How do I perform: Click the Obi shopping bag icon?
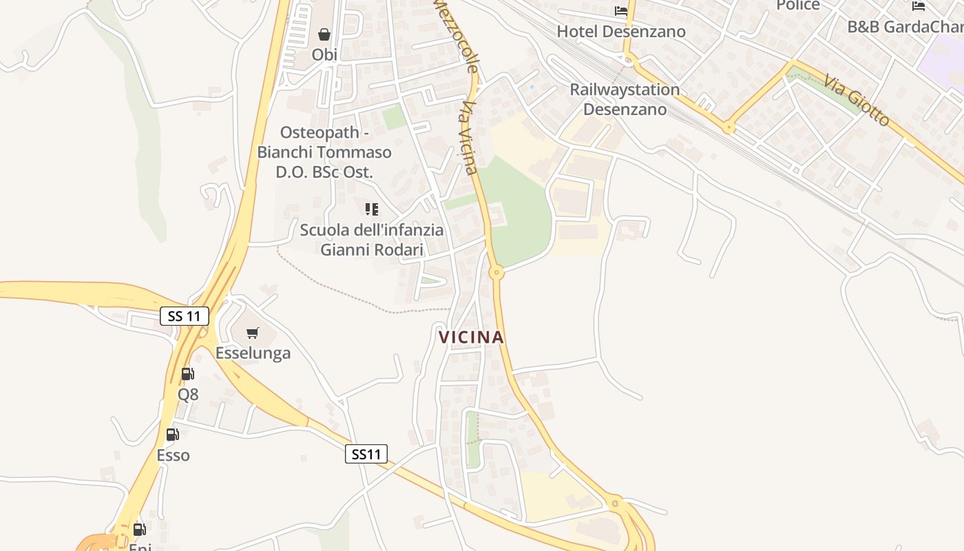click(324, 34)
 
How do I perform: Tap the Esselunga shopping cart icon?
click(253, 333)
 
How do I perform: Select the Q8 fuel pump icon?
click(187, 374)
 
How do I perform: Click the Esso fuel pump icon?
click(173, 435)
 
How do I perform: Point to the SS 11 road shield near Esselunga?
click(185, 316)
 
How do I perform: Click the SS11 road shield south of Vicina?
click(366, 454)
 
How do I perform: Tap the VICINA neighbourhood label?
click(472, 337)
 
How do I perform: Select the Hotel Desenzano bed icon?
click(621, 11)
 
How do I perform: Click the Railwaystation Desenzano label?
click(625, 99)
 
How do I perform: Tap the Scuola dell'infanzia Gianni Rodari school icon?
click(372, 209)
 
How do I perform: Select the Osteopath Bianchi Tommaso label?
click(324, 152)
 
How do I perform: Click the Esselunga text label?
click(253, 353)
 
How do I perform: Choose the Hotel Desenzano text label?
click(621, 32)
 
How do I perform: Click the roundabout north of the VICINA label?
click(496, 273)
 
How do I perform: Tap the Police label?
click(798, 6)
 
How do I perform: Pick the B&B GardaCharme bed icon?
click(919, 6)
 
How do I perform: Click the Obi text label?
click(324, 54)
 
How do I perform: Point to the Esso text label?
click(173, 455)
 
